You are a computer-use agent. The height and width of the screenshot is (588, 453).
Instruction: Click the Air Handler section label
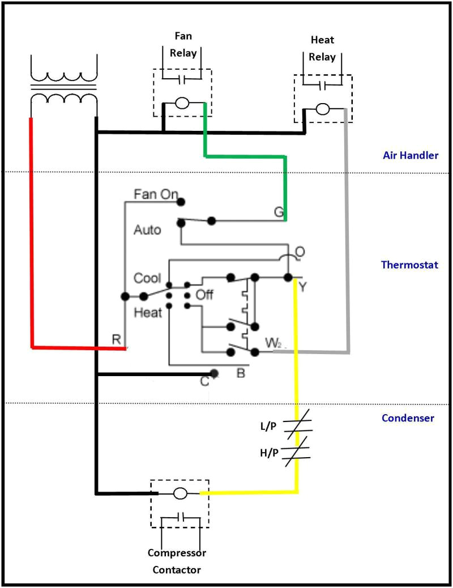pos(411,155)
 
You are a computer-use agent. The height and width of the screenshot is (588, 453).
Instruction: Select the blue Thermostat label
pos(409,265)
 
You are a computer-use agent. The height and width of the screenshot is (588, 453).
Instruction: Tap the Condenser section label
pos(408,418)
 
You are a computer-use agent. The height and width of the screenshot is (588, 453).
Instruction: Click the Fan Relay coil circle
pos(182,104)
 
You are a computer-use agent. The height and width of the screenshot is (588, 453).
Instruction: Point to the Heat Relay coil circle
pos(323,109)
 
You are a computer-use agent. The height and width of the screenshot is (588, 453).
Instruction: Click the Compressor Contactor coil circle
pos(180,493)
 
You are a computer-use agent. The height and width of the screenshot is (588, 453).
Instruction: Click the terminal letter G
pos(279,212)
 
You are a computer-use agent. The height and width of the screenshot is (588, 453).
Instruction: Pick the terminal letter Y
pos(302,287)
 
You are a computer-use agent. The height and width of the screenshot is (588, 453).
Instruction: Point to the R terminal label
pos(116,339)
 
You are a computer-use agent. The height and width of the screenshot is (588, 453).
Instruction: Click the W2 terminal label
pos(273,343)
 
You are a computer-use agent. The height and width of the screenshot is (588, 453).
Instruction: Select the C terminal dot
pos(214,373)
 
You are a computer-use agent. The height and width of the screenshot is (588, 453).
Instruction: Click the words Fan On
pos(156,194)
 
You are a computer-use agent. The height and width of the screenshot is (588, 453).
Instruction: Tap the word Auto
pos(147,230)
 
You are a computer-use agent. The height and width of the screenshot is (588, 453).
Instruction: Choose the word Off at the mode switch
pos(204,295)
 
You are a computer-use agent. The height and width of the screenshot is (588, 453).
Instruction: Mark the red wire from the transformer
pos(31,238)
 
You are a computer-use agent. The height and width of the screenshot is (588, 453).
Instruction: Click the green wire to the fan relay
pos(243,156)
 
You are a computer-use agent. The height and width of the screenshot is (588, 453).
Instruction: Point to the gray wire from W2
pos(347,238)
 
